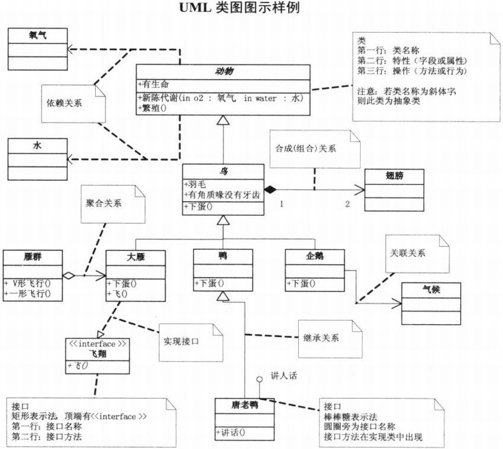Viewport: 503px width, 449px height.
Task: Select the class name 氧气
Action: pos(37,36)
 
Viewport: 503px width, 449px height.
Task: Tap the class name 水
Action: pos(37,146)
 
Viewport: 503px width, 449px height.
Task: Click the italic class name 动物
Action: pos(223,71)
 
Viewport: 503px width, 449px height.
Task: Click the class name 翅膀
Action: pos(393,177)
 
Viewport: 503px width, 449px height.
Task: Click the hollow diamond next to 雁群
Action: pos(69,276)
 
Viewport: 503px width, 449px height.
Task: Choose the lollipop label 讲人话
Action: pos(284,376)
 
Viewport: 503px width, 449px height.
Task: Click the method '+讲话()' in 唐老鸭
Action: pos(234,432)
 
